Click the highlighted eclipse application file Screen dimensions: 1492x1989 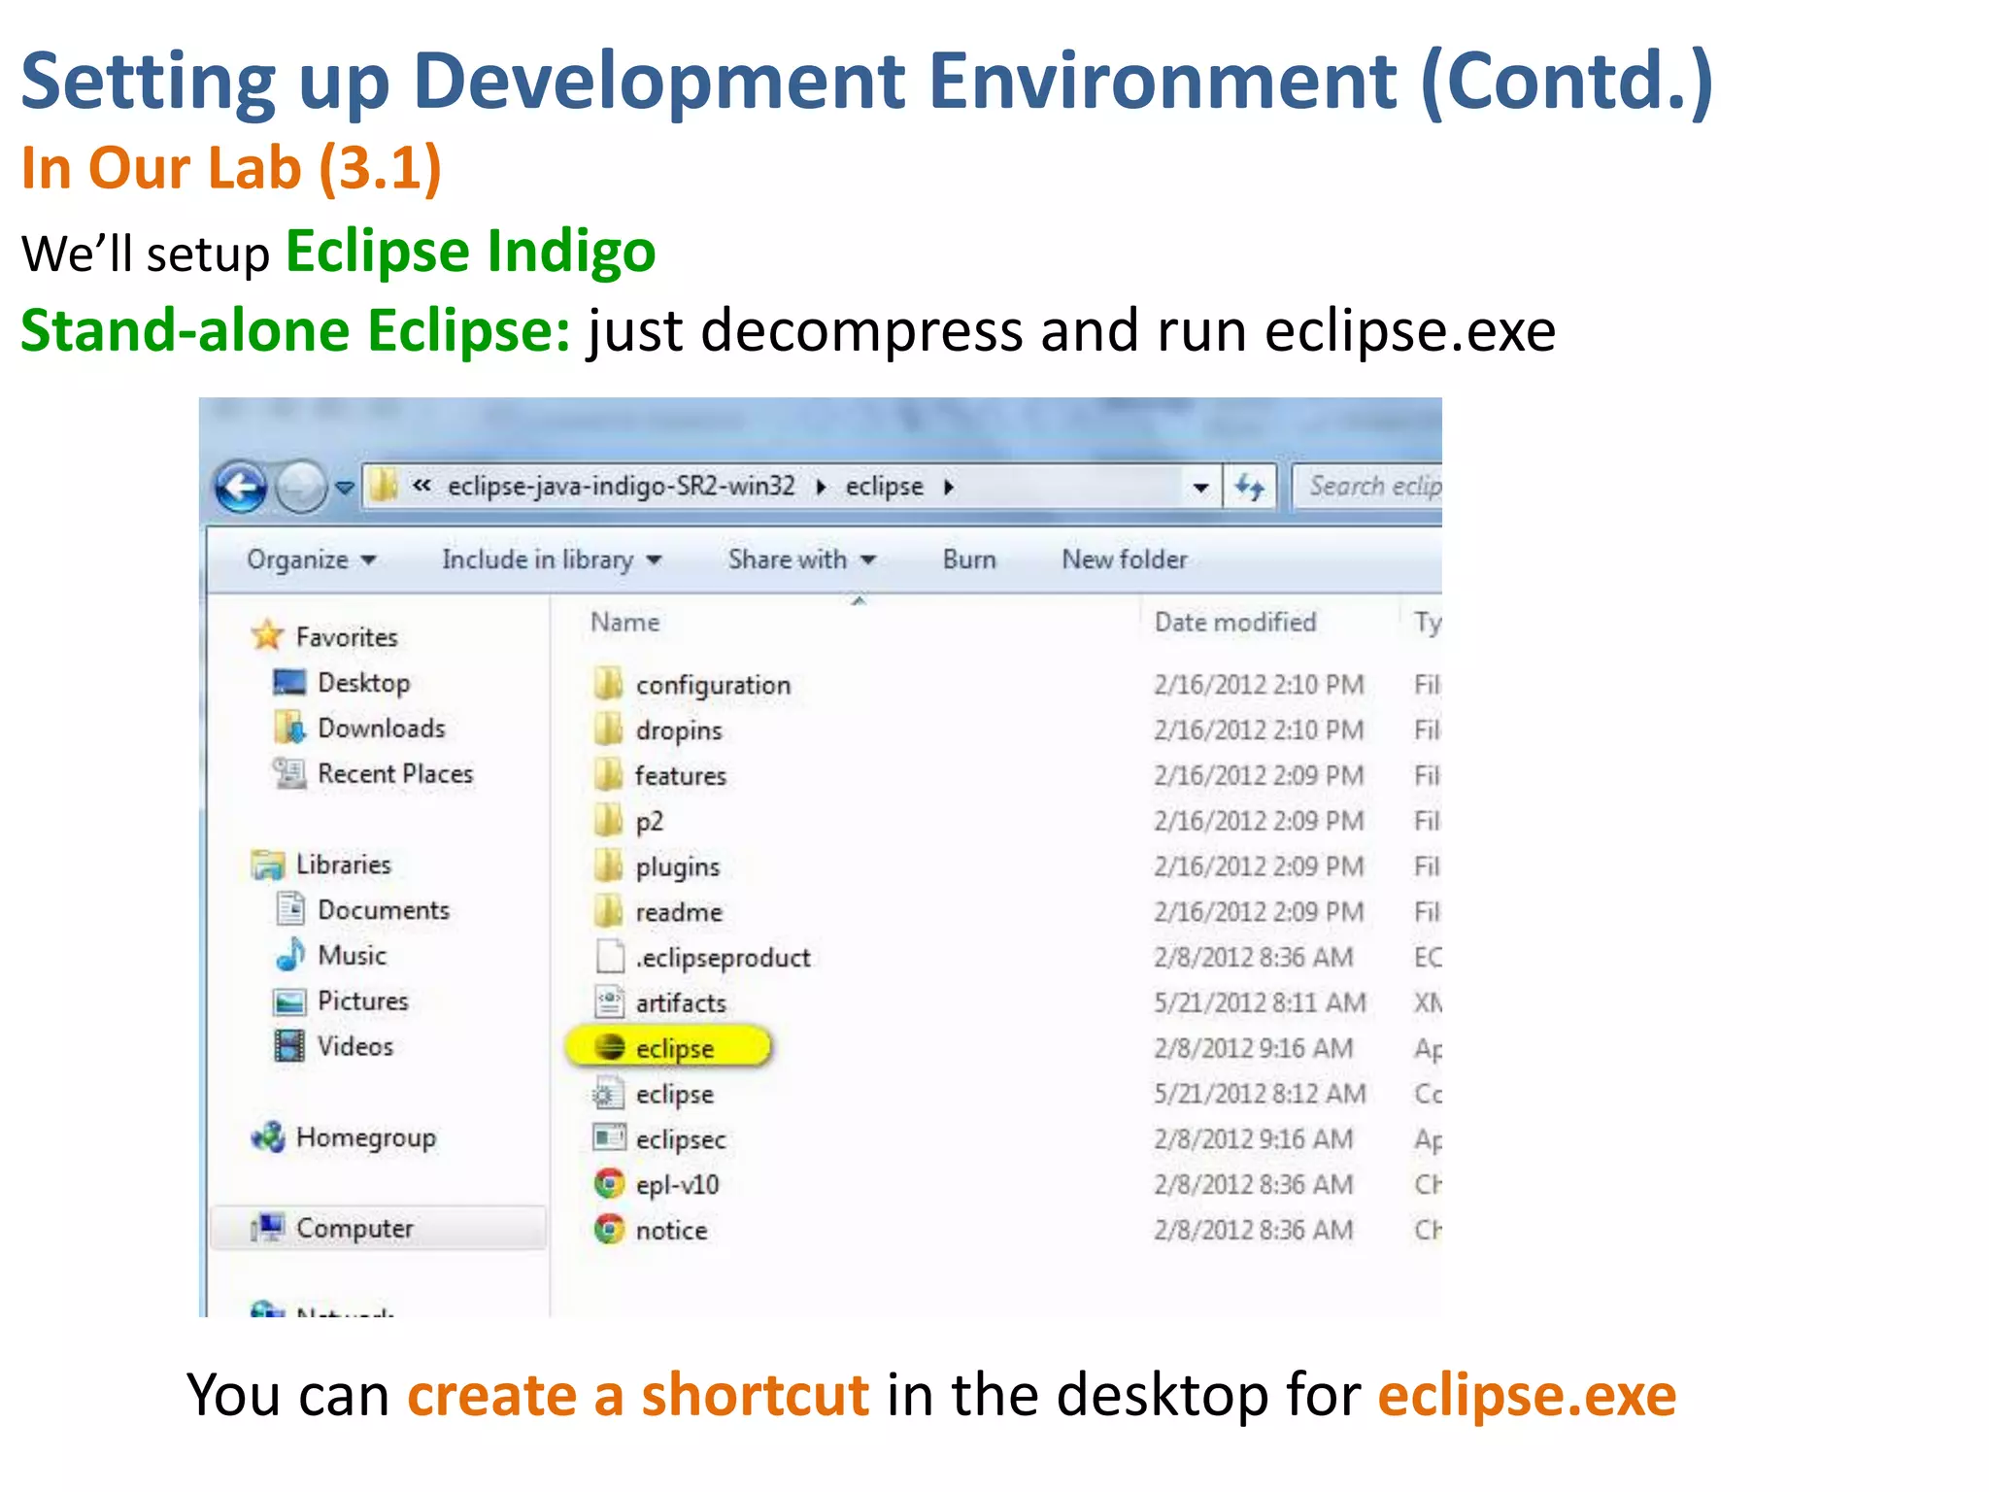673,1048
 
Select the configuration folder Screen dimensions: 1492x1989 712,685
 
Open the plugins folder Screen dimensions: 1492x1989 677,866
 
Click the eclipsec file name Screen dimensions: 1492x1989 680,1139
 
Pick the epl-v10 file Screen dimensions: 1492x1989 677,1185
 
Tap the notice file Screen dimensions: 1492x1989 670,1231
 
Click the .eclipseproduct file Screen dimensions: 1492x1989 722,958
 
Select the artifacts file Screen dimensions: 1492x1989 680,1003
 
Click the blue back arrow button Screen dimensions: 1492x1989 240,487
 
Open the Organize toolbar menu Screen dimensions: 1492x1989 310,559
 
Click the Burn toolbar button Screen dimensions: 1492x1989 968,559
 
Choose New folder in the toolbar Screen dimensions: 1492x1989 1124,559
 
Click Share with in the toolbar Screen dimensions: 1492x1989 801,559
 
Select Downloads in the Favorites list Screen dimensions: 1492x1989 381,729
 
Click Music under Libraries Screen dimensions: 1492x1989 352,956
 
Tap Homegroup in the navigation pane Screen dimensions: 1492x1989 365,1137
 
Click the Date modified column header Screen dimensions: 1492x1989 1234,622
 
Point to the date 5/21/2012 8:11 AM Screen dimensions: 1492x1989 1259,1003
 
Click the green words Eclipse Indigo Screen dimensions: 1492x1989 470,252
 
